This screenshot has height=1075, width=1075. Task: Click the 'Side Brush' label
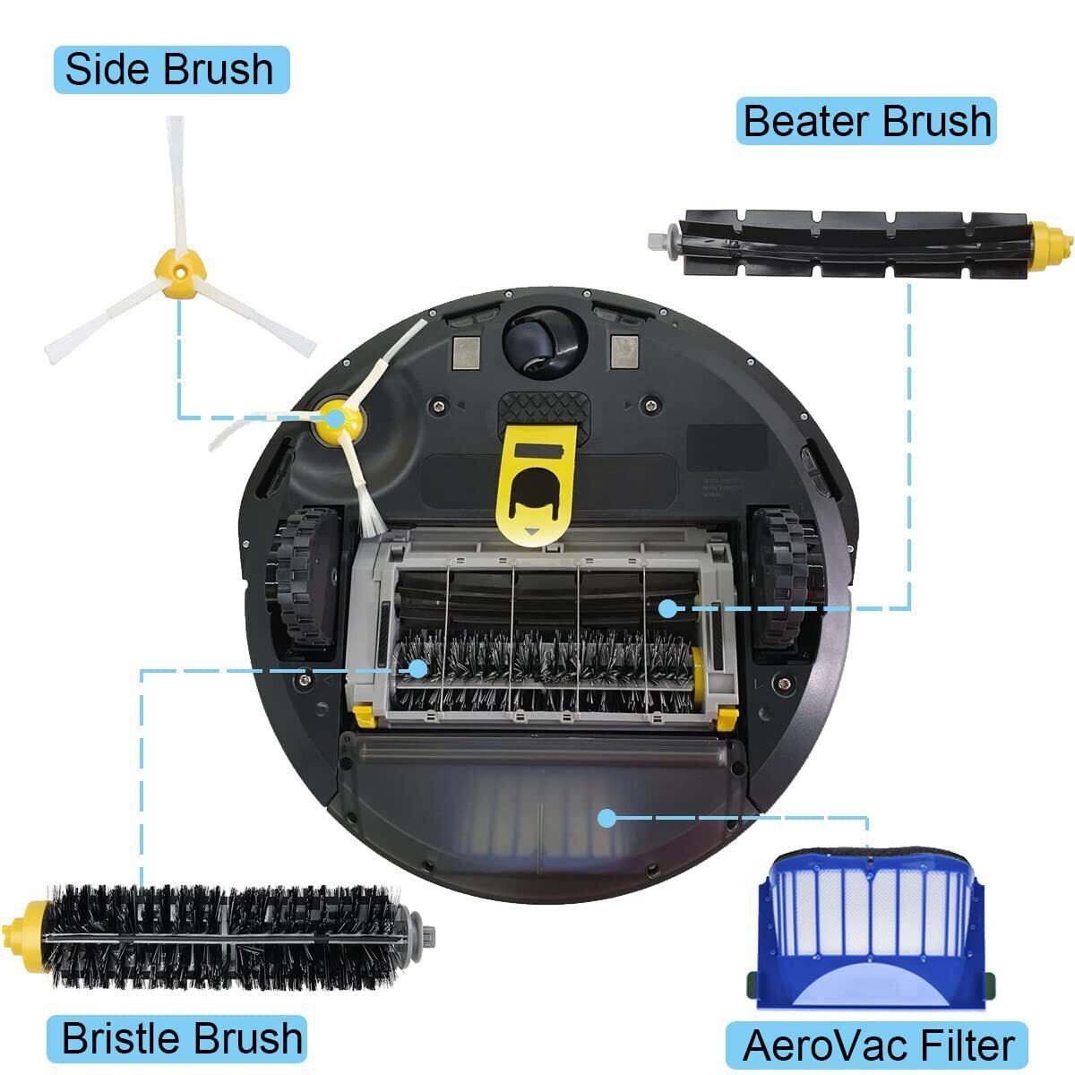171,69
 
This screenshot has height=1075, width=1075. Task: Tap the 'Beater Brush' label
865,121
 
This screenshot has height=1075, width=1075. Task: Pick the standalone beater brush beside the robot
861,244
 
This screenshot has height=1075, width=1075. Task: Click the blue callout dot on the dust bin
607,818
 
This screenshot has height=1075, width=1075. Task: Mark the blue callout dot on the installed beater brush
667,608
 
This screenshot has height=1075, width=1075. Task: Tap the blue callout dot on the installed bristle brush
417,667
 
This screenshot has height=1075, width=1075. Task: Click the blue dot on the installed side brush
336,417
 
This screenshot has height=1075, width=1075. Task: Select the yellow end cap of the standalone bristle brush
26,936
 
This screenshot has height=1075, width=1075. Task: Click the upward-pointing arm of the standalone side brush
176,185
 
